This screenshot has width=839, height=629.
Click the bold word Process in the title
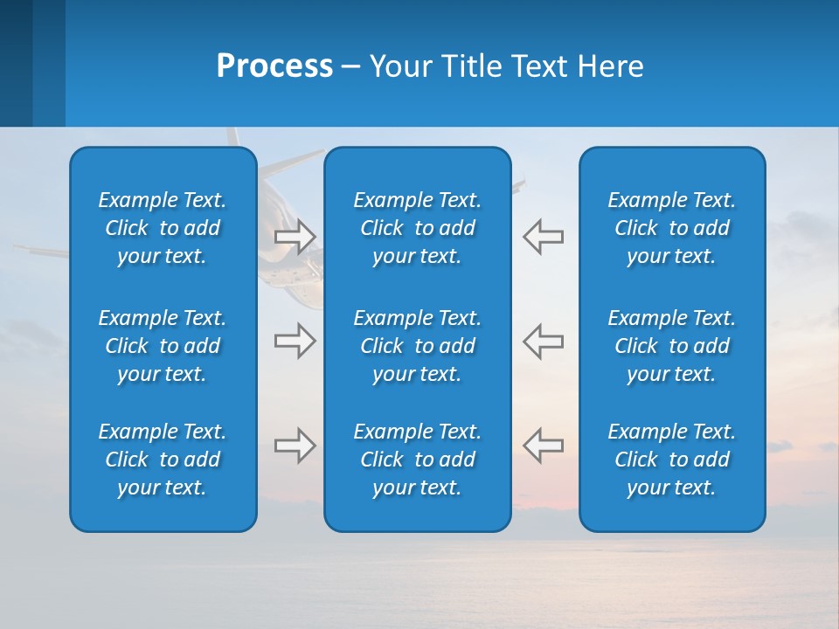(274, 66)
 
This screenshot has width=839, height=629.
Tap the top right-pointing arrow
(295, 237)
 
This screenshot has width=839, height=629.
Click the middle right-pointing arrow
(295, 341)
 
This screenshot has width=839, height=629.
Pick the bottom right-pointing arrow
(295, 446)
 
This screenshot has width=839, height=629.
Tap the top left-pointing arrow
(543, 237)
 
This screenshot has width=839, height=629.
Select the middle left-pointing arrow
(543, 341)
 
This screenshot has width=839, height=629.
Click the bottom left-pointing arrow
(543, 446)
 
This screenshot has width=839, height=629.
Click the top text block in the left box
(163, 228)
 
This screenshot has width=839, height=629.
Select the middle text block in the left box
(163, 346)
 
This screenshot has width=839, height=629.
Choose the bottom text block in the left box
(163, 460)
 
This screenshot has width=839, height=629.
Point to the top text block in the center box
(417, 228)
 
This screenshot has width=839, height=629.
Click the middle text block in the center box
(417, 346)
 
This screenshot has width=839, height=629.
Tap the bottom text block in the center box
(417, 460)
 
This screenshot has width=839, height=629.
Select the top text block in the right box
(671, 228)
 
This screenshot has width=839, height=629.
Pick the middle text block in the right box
(671, 346)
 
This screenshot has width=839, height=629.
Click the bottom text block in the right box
(671, 460)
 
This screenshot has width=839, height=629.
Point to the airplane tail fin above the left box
(232, 137)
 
